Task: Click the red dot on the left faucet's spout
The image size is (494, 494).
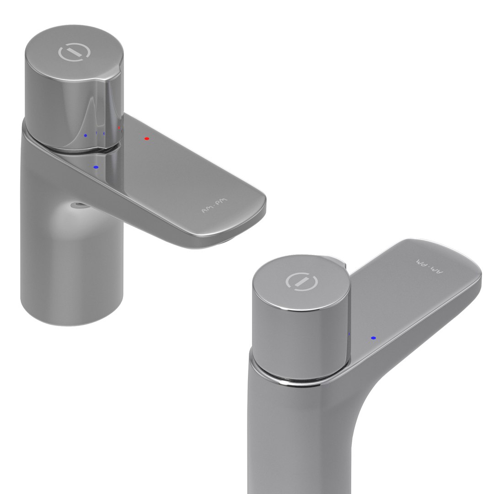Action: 146,138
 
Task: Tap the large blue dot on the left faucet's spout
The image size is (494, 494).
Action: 96,167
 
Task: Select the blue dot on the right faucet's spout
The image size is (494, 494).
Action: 373,338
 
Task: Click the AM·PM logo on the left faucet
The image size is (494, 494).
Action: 214,205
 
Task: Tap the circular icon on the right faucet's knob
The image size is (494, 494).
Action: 301,280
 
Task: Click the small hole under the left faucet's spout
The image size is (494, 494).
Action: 77,205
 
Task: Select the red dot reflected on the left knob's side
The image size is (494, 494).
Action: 119,128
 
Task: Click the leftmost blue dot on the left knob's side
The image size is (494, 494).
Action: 86,135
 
